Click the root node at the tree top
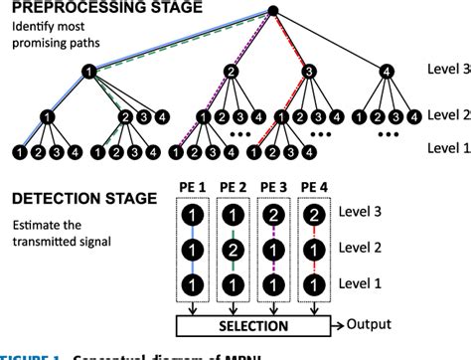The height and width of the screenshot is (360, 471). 273,12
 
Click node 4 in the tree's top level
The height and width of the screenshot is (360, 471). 386,72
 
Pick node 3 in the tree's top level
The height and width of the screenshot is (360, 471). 309,72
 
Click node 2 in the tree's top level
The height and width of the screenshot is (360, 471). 231,72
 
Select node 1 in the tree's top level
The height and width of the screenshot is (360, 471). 89,72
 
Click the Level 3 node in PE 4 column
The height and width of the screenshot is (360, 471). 314,214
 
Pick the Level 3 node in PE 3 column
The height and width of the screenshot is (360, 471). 273,214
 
